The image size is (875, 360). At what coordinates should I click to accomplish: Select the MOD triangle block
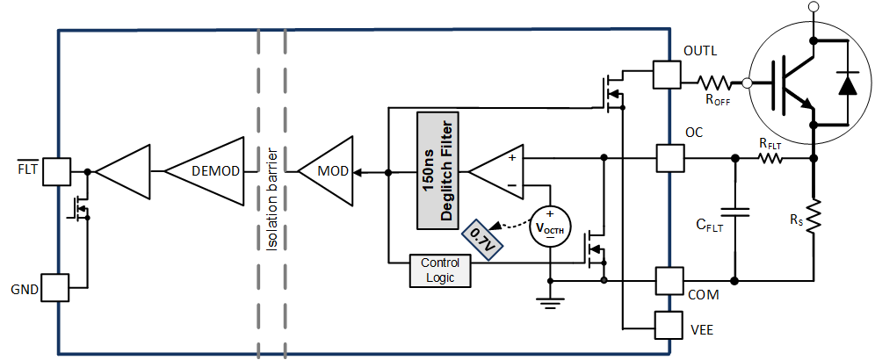(327, 170)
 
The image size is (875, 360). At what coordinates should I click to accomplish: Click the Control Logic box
(440, 270)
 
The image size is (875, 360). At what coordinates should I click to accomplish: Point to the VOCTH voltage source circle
(549, 227)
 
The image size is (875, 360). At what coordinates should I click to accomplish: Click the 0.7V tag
(481, 238)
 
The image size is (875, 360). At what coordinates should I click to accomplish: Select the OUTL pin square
(667, 75)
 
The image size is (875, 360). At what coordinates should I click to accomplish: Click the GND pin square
(55, 288)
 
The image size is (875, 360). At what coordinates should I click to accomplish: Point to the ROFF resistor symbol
(714, 83)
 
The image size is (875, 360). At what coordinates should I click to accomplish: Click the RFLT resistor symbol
(770, 159)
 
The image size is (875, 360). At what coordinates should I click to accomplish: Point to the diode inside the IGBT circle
(846, 83)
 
